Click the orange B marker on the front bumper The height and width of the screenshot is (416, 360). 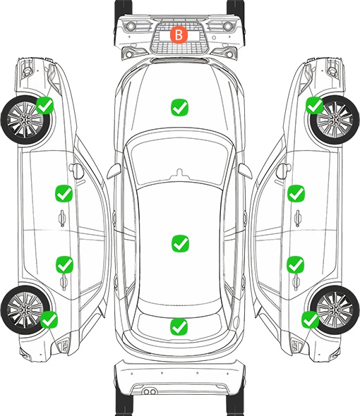179,35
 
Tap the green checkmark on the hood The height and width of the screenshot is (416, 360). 179,107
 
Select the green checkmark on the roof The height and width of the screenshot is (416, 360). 180,243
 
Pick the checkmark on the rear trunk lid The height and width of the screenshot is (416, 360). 179,326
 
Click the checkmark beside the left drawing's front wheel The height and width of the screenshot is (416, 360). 45,105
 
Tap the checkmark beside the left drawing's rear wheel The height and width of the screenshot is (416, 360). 49,319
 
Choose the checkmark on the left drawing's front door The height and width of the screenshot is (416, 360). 64,193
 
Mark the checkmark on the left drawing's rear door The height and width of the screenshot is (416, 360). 64,264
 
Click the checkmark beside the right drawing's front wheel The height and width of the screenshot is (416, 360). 315,105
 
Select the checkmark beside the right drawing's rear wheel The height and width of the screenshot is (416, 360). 310,319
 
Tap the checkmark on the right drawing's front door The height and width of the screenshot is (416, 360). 296,193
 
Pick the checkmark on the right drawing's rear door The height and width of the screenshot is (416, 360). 295,264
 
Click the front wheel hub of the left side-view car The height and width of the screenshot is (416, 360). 25,120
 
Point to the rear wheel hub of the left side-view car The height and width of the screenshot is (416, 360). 25,310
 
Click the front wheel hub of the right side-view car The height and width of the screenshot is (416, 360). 335,120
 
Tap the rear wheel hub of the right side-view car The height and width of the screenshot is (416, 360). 335,310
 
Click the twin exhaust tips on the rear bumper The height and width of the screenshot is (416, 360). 150,391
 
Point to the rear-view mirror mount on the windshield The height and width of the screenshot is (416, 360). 180,173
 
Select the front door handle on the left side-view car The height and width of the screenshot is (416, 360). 62,219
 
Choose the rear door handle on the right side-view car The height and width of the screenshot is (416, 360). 296,282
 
